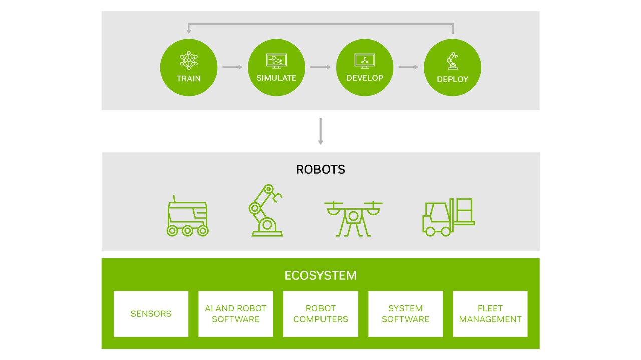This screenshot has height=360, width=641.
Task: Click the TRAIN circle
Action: [189, 67]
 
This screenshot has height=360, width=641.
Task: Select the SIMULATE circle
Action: [276, 67]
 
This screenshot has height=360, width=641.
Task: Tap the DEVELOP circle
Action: [365, 67]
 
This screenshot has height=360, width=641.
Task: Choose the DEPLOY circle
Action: [452, 67]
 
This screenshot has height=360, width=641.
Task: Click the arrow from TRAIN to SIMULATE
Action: [232, 67]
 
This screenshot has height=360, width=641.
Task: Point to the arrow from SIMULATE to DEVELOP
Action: [320, 67]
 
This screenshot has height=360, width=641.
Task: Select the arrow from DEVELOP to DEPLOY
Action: [408, 67]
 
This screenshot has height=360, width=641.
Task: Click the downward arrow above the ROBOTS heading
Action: [320, 131]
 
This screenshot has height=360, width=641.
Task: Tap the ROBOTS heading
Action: [320, 170]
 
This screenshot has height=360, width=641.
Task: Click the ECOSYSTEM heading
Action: [320, 275]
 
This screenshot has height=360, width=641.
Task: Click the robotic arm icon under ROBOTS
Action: [265, 211]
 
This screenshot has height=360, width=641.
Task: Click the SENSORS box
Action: [151, 314]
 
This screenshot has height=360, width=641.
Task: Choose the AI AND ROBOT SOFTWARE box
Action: [236, 314]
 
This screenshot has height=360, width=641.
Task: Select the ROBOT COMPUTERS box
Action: [320, 314]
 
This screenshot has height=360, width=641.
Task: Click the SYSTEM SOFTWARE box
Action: [406, 314]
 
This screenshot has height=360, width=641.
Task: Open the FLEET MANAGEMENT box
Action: [490, 314]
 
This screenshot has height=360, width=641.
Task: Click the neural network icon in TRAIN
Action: [189, 60]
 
